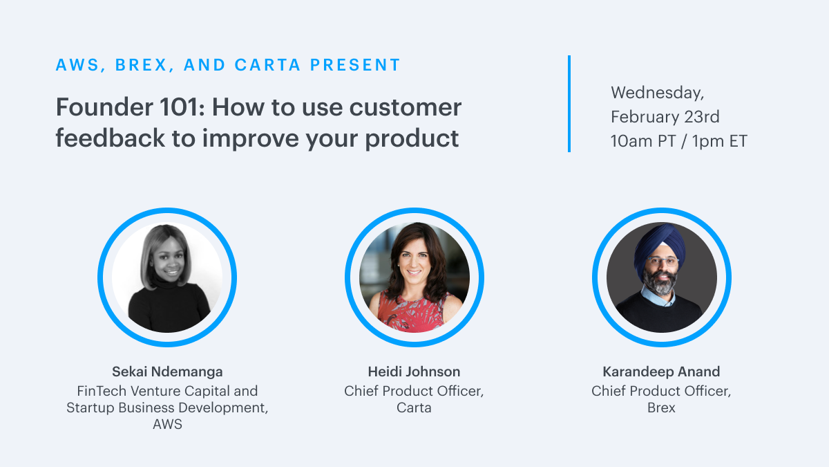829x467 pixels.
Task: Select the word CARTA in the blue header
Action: pyautogui.click(x=267, y=65)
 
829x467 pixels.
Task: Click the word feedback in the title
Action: pyautogui.click(x=110, y=138)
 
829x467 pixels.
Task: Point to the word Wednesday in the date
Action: pyautogui.click(x=657, y=93)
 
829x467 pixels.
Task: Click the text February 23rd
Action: pyautogui.click(x=665, y=117)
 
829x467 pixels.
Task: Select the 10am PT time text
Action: pyautogui.click(x=643, y=141)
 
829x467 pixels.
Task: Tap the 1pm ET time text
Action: pyautogui.click(x=719, y=141)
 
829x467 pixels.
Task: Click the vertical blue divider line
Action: pyautogui.click(x=569, y=104)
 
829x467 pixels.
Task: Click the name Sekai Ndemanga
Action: pyautogui.click(x=167, y=372)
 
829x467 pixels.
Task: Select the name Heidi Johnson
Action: pyautogui.click(x=414, y=372)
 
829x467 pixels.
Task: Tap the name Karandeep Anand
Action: pyautogui.click(x=661, y=372)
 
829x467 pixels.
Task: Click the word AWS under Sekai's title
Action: pyautogui.click(x=167, y=424)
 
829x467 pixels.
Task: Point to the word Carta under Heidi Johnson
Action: pyautogui.click(x=414, y=408)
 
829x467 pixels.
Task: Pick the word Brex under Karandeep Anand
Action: pyautogui.click(x=661, y=408)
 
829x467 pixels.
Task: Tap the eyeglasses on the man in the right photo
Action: pyautogui.click(x=662, y=262)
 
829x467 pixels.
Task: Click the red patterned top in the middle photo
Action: pyautogui.click(x=412, y=313)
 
